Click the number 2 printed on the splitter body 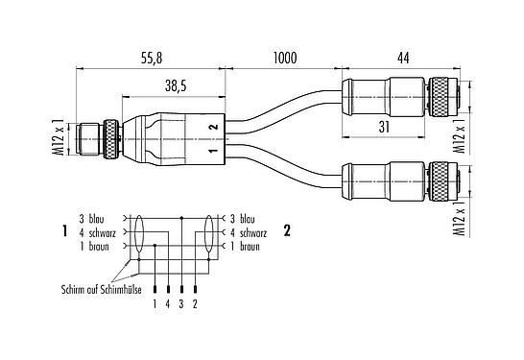(214, 127)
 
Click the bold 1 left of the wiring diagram (62, 231)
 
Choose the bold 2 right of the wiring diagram (287, 231)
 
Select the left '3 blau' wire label (93, 218)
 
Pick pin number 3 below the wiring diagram (182, 303)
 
